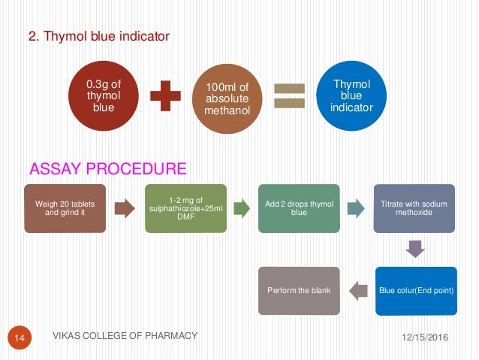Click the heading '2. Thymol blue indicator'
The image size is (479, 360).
[x=100, y=35]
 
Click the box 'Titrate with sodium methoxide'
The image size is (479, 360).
[x=414, y=207]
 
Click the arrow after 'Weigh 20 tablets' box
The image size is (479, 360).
[x=123, y=208]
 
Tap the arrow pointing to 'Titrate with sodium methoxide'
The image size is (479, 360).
[x=356, y=208]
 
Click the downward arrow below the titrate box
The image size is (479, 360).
[x=415, y=249]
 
